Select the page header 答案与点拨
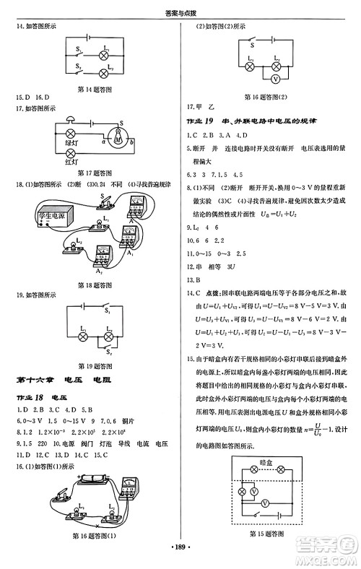(x=180, y=6)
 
